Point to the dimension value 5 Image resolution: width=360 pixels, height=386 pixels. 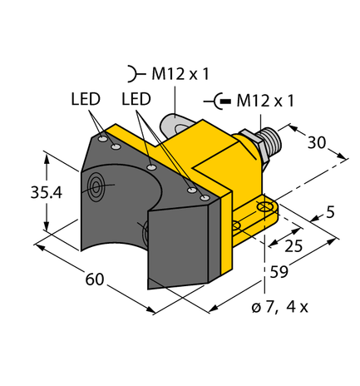pos(331,213)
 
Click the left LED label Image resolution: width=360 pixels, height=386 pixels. pos(86,99)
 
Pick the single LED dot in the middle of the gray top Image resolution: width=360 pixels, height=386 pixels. pos(152,167)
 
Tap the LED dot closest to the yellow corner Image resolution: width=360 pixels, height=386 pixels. pos(204,196)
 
